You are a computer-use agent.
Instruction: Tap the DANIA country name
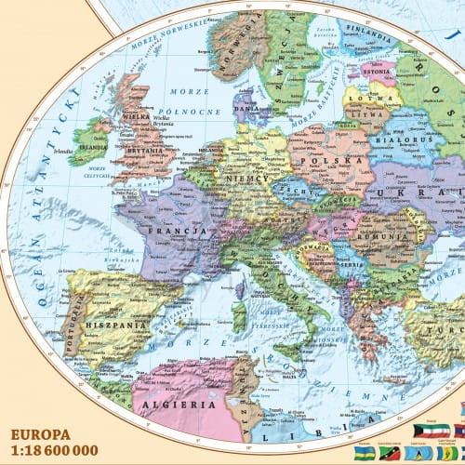pyautogui.click(x=246, y=109)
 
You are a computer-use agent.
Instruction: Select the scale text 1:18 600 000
pyautogui.click(x=55, y=451)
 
